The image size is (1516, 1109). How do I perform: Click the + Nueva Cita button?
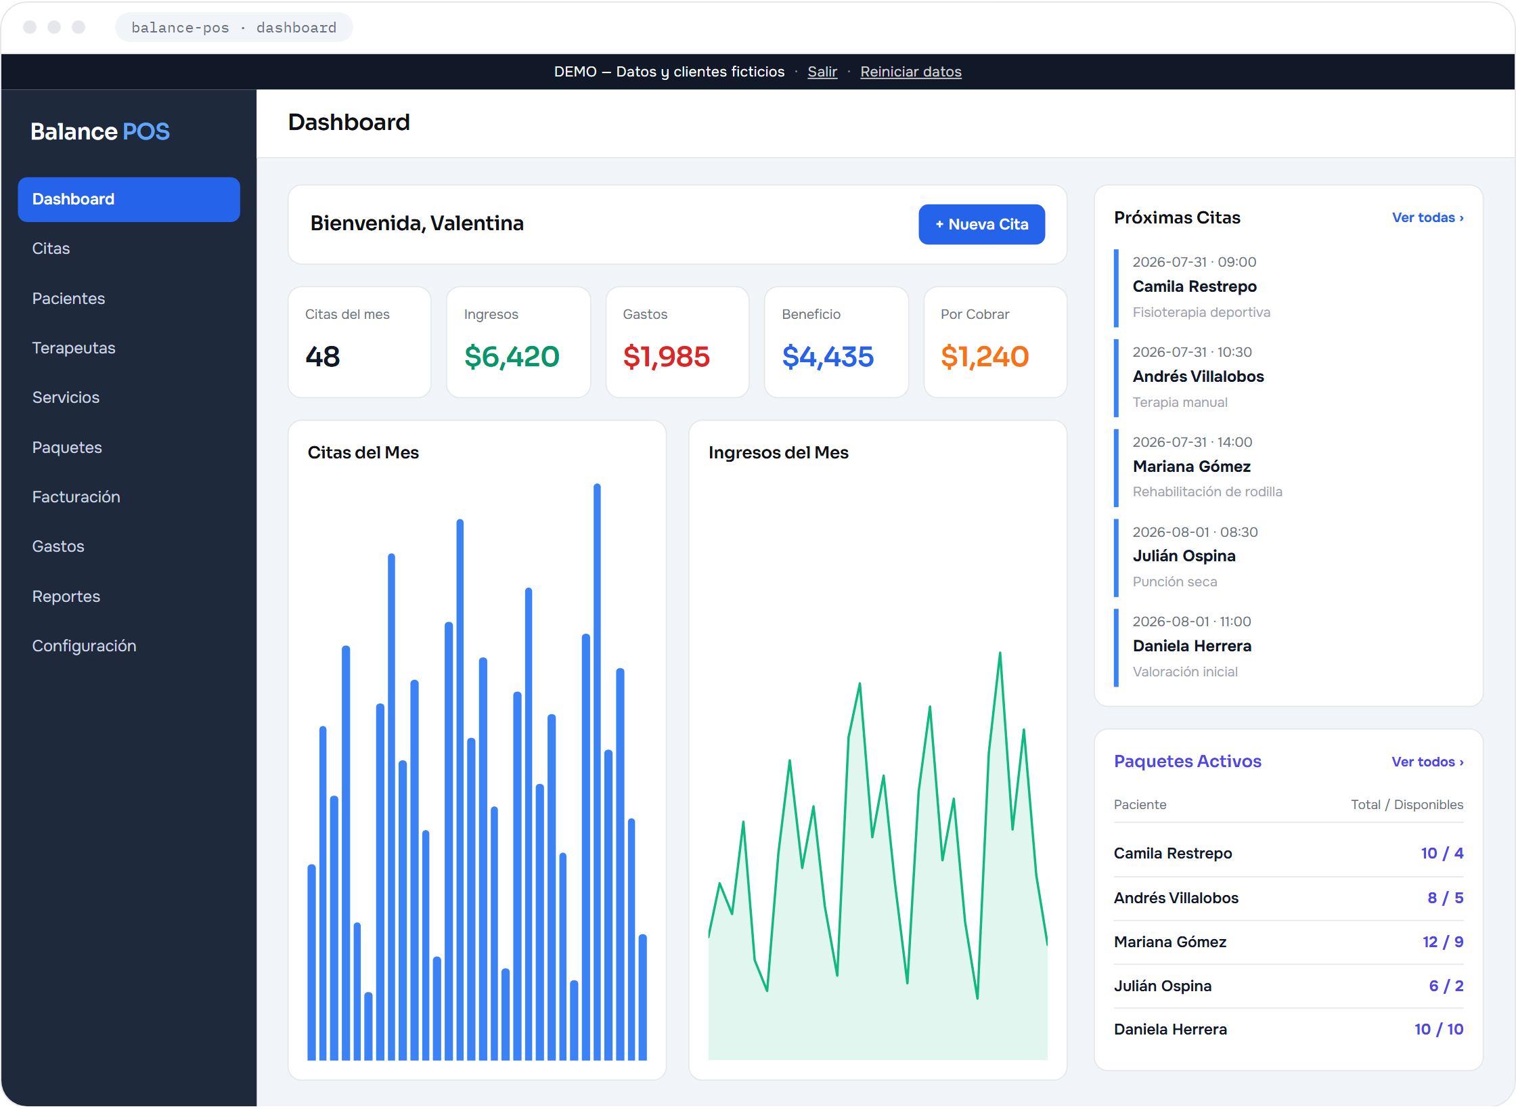(981, 224)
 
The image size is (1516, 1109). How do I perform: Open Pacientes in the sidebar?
(68, 299)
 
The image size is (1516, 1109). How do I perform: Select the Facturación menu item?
(76, 497)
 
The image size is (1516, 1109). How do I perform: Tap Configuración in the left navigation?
(84, 646)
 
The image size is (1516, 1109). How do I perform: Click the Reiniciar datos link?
(910, 72)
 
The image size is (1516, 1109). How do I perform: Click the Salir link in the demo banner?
(822, 72)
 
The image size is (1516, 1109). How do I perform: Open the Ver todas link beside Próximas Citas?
(1427, 217)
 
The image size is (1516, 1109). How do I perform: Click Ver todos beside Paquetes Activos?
(1427, 762)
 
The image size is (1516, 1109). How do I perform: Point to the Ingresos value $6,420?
(512, 356)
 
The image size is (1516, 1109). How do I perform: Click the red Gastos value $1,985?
(667, 356)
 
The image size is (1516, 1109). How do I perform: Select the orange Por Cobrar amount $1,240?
(985, 356)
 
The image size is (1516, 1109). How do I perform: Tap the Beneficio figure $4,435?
(828, 356)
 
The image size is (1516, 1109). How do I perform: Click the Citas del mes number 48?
(322, 356)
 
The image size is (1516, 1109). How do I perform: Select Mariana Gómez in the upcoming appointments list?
(1191, 466)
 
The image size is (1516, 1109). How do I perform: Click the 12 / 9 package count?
(1443, 942)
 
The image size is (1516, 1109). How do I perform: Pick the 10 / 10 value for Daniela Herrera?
(1439, 1029)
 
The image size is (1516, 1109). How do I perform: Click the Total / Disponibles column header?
(1407, 804)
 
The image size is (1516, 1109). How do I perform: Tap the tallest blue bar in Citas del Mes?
(597, 771)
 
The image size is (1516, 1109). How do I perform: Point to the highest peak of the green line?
(1000, 653)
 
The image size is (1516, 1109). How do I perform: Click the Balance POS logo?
(100, 131)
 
